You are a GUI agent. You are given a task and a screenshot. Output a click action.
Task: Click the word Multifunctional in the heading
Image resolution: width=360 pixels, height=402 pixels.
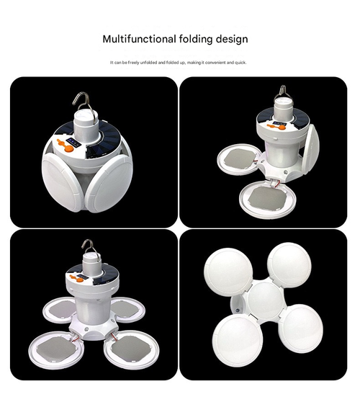click(x=139, y=39)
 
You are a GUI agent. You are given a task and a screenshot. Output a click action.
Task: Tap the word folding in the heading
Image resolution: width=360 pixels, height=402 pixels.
click(x=196, y=39)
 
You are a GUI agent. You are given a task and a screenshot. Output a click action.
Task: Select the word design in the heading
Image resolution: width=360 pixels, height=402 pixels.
click(x=232, y=39)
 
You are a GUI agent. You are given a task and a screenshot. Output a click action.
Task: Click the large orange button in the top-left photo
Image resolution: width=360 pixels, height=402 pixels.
click(x=69, y=148)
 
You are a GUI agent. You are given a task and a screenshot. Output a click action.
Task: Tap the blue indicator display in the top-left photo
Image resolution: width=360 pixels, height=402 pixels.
click(x=73, y=142)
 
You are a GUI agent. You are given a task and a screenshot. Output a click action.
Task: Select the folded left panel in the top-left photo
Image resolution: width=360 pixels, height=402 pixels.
click(x=62, y=182)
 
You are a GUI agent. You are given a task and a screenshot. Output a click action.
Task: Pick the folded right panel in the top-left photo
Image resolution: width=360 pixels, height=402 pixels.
click(x=109, y=184)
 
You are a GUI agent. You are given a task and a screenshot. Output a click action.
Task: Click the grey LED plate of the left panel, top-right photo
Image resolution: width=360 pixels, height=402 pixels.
click(x=240, y=158)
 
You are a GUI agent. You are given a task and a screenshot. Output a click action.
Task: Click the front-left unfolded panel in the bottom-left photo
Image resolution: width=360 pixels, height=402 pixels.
click(x=56, y=349)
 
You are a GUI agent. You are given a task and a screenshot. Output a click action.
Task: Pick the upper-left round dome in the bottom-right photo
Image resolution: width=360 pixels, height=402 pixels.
click(x=229, y=272)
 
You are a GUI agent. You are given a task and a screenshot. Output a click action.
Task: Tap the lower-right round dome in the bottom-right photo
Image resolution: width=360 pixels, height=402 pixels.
click(x=302, y=329)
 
